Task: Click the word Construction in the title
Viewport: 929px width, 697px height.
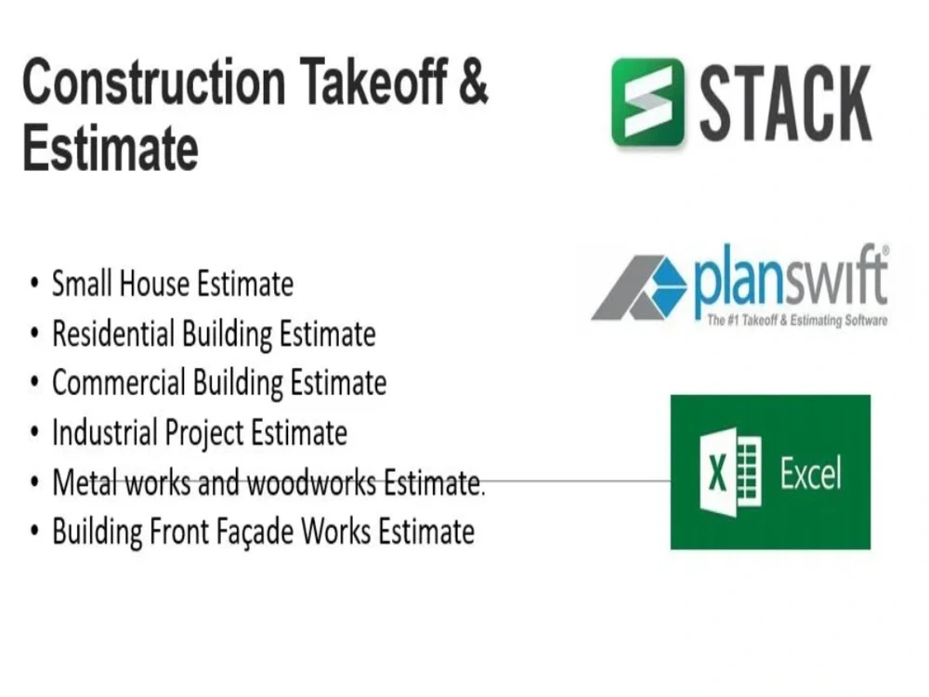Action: tap(153, 84)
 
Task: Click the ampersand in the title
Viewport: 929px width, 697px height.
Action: tap(473, 84)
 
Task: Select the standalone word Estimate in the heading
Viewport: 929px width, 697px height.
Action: tap(111, 149)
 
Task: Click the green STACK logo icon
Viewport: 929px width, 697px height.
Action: tap(648, 101)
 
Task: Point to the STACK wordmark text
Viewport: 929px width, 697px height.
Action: tap(785, 102)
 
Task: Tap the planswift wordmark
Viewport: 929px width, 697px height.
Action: tap(790, 281)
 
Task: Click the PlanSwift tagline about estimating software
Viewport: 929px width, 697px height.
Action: tap(796, 321)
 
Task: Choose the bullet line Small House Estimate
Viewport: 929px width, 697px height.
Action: tap(172, 283)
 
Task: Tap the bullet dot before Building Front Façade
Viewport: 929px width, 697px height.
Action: tap(34, 533)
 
